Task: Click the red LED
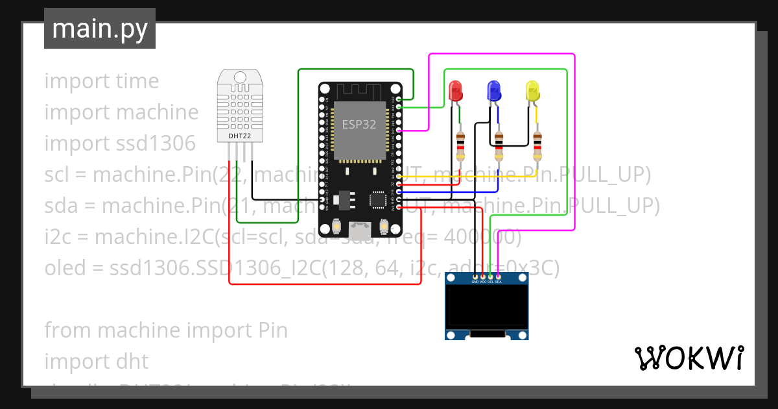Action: pyautogui.click(x=455, y=91)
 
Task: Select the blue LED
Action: pyautogui.click(x=494, y=91)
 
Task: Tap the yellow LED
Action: pyautogui.click(x=532, y=91)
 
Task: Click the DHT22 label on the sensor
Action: pyautogui.click(x=239, y=136)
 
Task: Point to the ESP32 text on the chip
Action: pyautogui.click(x=359, y=125)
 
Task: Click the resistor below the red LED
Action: pyautogui.click(x=460, y=146)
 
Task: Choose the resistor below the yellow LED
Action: pyautogui.click(x=537, y=146)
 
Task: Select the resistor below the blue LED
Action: pyautogui.click(x=499, y=146)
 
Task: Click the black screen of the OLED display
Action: pyautogui.click(x=486, y=308)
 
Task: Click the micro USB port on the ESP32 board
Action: pyautogui.click(x=359, y=229)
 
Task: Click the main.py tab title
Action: pyautogui.click(x=99, y=29)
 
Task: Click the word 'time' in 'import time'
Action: pyautogui.click(x=137, y=81)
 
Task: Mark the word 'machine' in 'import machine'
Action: pyautogui.click(x=158, y=112)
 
